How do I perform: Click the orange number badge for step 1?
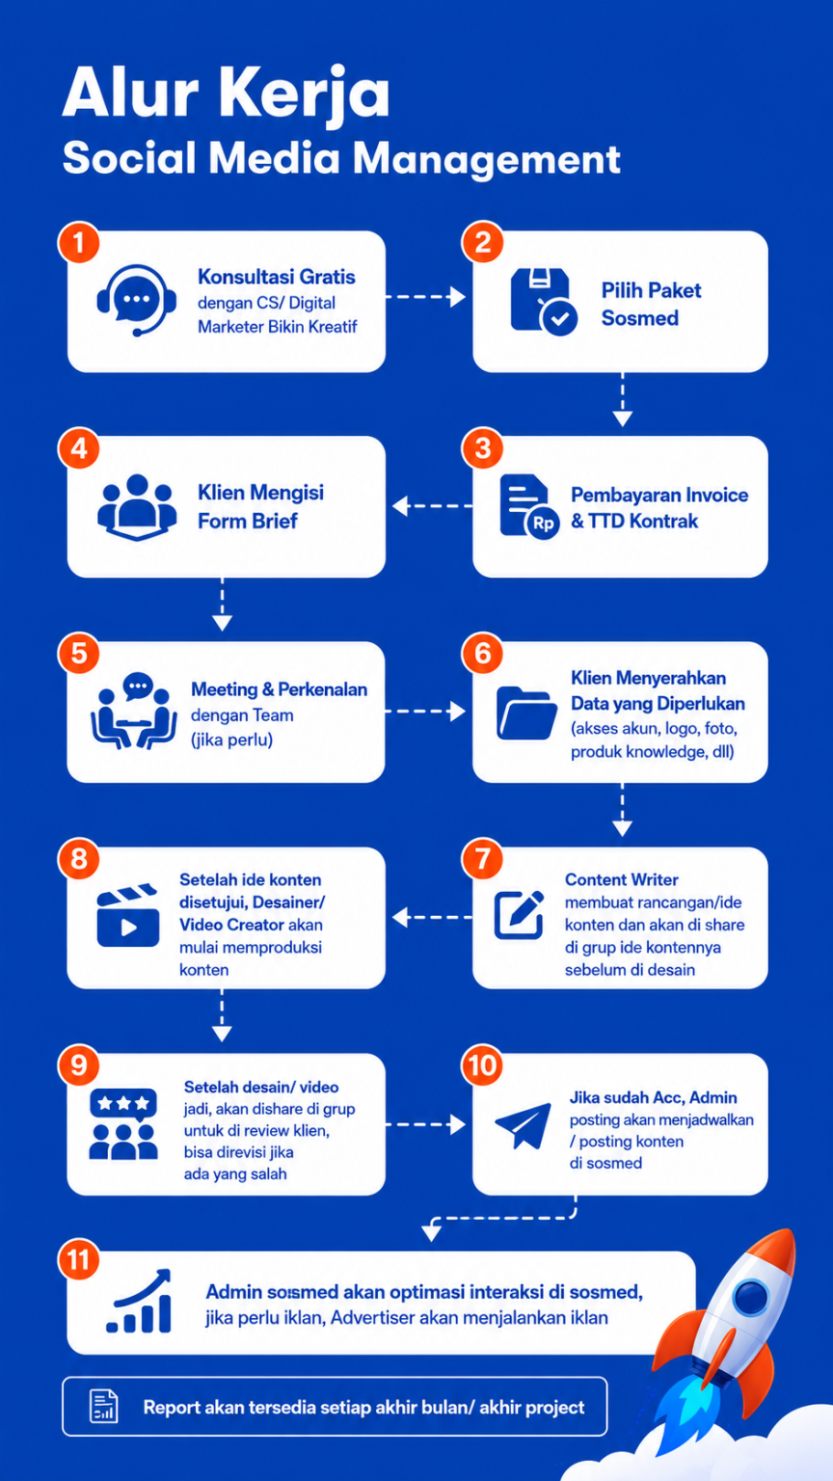pyautogui.click(x=79, y=243)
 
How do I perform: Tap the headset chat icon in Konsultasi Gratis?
pyautogui.click(x=136, y=301)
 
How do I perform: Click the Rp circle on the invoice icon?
pyautogui.click(x=543, y=523)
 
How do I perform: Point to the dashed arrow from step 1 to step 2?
pyautogui.click(x=425, y=297)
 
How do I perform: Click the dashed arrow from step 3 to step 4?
pyautogui.click(x=432, y=506)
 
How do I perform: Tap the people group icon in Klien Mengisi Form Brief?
pyautogui.click(x=137, y=507)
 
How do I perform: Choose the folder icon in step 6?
pyautogui.click(x=526, y=713)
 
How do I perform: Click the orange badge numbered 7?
pyautogui.click(x=483, y=859)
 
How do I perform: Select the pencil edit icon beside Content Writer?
pyautogui.click(x=520, y=914)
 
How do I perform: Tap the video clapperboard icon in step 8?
pyautogui.click(x=127, y=916)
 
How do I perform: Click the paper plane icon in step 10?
pyautogui.click(x=523, y=1125)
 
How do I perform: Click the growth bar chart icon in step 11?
pyautogui.click(x=139, y=1301)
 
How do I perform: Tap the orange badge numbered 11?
pyautogui.click(x=79, y=1260)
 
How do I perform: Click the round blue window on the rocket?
pyautogui.click(x=751, y=1297)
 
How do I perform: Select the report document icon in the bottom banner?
pyautogui.click(x=104, y=1406)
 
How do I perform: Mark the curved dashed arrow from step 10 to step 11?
pyautogui.click(x=502, y=1217)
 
